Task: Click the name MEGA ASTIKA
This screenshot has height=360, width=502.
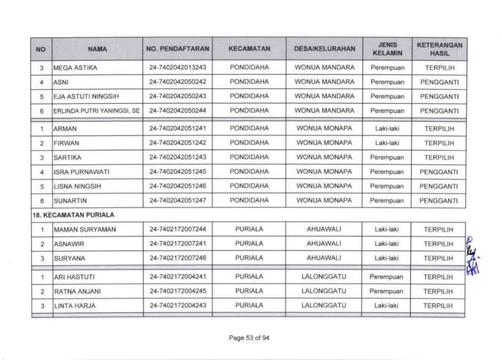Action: (x=75, y=68)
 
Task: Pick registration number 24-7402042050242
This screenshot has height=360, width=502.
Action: (x=178, y=82)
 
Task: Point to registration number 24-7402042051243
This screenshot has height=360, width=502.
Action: (x=178, y=157)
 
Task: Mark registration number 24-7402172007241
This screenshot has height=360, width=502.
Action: (x=178, y=244)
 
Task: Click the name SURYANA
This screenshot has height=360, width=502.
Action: (x=68, y=258)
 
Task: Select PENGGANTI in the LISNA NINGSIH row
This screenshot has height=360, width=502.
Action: (x=439, y=186)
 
